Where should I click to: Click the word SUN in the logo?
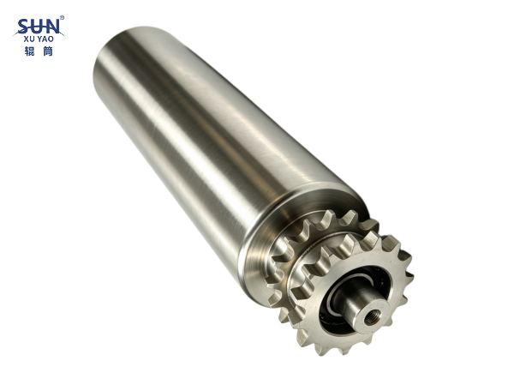click(39, 27)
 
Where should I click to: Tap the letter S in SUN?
click(24, 27)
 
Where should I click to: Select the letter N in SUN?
click(53, 27)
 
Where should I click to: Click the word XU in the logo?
click(29, 39)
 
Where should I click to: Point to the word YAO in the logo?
click(45, 39)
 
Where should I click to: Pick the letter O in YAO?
click(51, 39)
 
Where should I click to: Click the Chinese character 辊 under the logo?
click(29, 51)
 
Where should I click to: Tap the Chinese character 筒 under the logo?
click(48, 51)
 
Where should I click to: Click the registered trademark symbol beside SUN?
click(62, 17)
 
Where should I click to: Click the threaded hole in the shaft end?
click(371, 318)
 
